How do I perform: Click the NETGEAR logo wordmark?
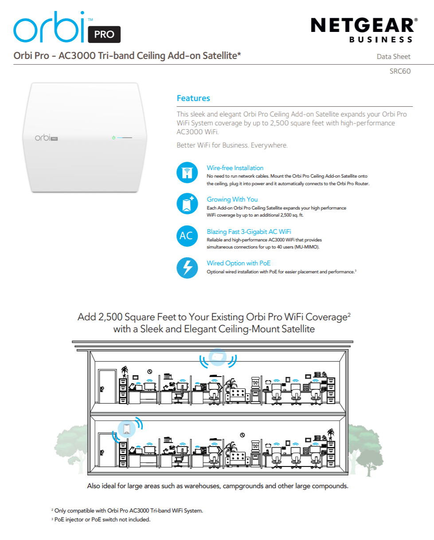[364, 25]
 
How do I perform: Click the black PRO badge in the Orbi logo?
[104, 34]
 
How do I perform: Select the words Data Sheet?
[393, 57]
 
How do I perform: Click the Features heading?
[193, 98]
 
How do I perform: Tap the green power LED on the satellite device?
[113, 138]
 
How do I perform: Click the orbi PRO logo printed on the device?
[47, 138]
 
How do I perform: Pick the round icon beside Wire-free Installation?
[187, 172]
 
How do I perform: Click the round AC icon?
[187, 236]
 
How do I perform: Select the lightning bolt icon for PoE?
[187, 268]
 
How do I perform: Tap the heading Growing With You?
[232, 199]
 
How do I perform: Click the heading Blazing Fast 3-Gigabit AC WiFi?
[249, 232]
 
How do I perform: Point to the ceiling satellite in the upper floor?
[217, 356]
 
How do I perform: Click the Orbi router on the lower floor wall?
[127, 428]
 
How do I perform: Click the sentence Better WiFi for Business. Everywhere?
[232, 145]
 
